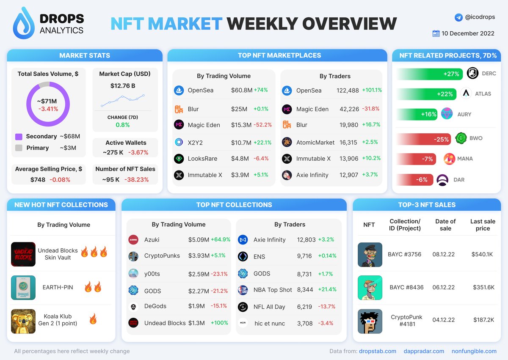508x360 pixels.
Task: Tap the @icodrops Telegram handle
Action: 480,17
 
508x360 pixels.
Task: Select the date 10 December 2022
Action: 468,33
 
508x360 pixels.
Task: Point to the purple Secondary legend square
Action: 19,137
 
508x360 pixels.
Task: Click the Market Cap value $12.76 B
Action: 123,86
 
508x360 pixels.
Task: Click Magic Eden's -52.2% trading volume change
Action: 263,125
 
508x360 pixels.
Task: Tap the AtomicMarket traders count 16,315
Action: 349,143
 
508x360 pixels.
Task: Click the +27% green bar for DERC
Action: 430,74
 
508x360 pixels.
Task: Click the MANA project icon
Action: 449,159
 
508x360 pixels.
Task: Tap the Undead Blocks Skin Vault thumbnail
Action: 23,254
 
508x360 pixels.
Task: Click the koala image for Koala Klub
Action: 23,321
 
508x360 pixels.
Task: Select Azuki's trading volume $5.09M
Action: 199,239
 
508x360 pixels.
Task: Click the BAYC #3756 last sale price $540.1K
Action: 482,255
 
